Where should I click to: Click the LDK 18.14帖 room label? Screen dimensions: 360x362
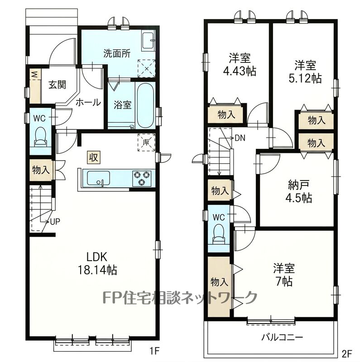97,263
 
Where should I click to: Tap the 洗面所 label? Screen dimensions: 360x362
117,53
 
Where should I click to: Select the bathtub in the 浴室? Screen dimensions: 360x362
145,105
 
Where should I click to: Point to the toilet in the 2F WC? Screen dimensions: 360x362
219,234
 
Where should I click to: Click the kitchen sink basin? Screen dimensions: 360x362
98,178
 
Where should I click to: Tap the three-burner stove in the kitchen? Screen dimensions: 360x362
141,178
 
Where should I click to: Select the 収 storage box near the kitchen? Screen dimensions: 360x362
94,157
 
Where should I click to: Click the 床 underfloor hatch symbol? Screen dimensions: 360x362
146,142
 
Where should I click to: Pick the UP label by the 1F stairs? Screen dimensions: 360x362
55,222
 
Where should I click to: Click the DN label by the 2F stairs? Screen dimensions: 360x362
240,138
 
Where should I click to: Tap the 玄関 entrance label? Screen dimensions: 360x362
58,85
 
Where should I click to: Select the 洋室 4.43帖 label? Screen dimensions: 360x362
240,64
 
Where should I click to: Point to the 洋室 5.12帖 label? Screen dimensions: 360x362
305,72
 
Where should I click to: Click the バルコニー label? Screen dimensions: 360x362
282,338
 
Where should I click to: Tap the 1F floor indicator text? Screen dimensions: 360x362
155,351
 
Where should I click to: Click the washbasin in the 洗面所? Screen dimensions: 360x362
148,40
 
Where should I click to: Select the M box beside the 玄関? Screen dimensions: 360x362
35,74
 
